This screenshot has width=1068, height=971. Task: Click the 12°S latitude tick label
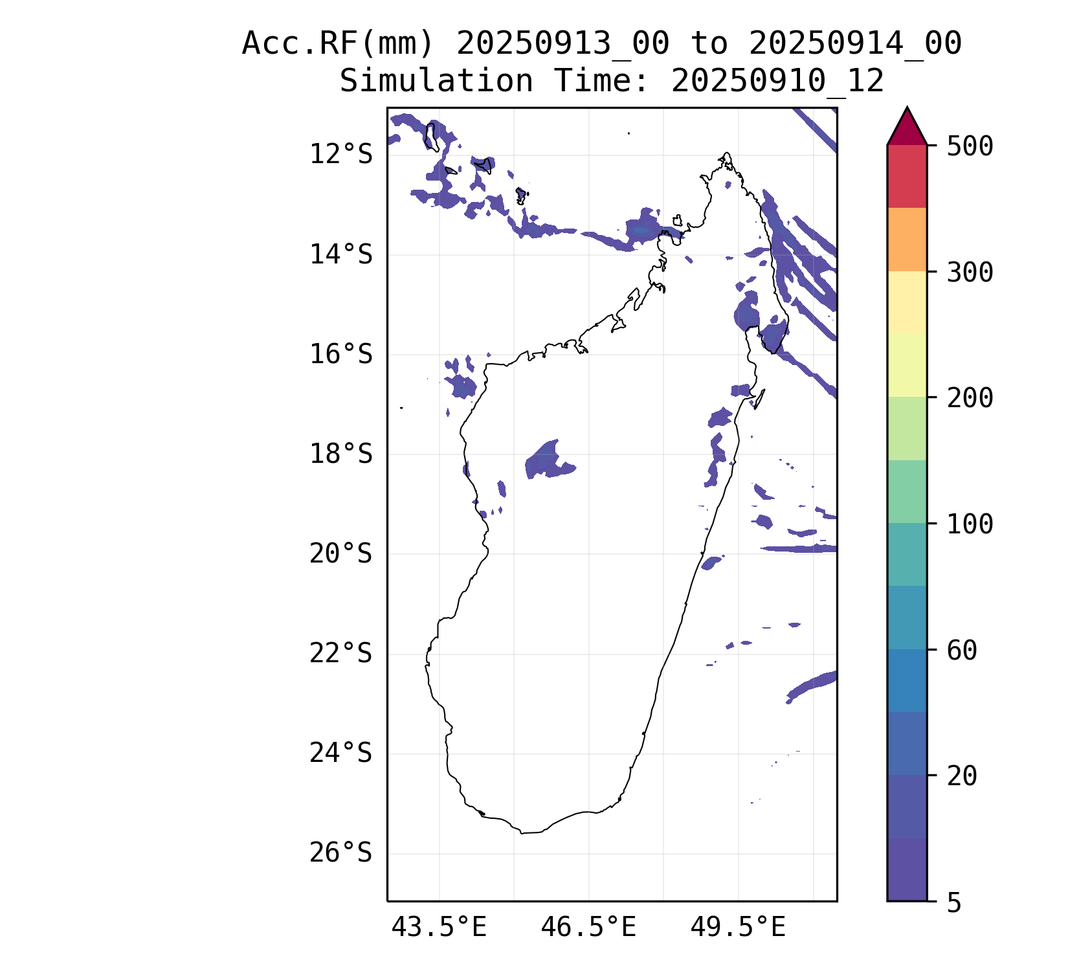click(340, 155)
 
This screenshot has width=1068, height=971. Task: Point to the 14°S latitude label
click(340, 255)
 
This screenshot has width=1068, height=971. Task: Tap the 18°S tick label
click(340, 454)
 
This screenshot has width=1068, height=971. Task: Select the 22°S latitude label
click(340, 654)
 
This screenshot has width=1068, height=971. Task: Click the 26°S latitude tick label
click(340, 853)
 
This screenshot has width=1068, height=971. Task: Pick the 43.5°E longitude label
click(439, 928)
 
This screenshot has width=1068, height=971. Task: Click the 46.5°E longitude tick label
click(588, 928)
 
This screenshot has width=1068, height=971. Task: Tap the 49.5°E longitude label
click(738, 928)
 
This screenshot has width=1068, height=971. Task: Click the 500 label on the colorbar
click(970, 146)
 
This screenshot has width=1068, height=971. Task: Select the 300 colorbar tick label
click(970, 273)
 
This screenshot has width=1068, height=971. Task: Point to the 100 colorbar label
click(970, 524)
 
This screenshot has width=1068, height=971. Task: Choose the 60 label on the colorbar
click(962, 651)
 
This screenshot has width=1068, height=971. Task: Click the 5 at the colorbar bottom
click(954, 903)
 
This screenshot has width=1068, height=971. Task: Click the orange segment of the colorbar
click(907, 240)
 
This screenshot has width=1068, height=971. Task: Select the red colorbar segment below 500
click(907, 176)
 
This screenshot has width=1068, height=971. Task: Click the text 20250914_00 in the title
click(855, 44)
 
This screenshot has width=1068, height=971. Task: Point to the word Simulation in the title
click(436, 82)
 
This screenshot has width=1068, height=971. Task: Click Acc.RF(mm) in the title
click(337, 44)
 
